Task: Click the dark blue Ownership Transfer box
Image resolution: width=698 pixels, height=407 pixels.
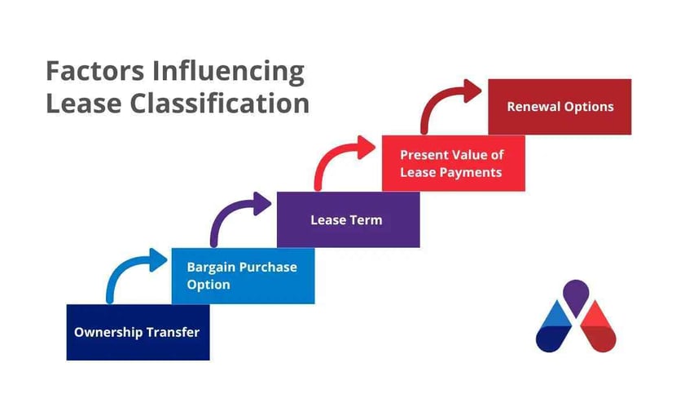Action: (138, 332)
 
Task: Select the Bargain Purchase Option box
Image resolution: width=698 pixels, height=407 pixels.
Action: (243, 276)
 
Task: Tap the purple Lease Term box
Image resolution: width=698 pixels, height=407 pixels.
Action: (348, 219)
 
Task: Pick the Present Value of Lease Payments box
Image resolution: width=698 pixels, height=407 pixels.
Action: (454, 163)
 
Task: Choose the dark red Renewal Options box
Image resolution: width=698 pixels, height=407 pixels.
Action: (560, 107)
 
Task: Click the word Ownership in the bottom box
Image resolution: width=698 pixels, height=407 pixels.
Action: (108, 332)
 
